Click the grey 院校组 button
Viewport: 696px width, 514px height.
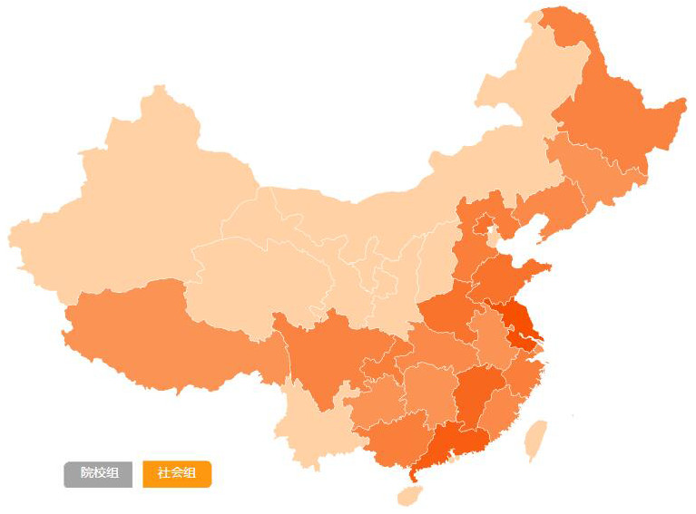[x=98, y=473]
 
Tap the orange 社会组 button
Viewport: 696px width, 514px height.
[x=177, y=473]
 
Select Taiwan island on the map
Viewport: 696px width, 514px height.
[x=536, y=439]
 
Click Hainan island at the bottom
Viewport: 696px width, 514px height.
[x=410, y=495]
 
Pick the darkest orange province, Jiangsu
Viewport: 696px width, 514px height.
[x=515, y=325]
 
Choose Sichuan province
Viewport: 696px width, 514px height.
[x=327, y=354]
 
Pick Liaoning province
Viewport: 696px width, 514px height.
[x=554, y=204]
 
